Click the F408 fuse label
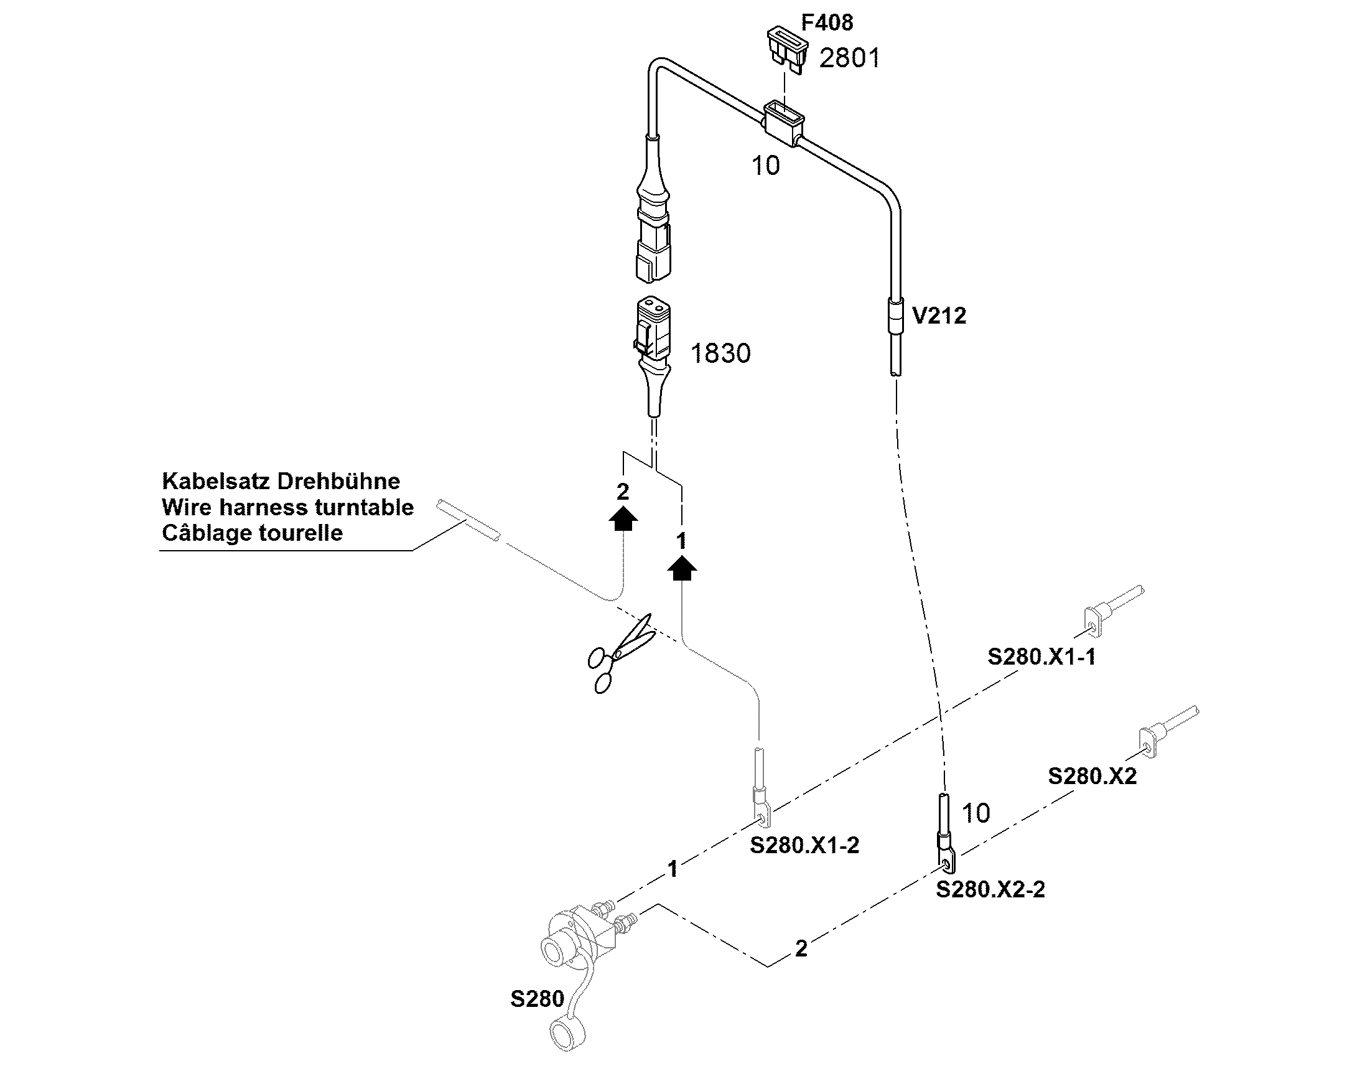click(827, 22)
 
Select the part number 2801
click(849, 58)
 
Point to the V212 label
click(939, 316)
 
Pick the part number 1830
click(720, 354)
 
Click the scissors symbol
click(622, 653)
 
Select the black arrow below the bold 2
click(623, 518)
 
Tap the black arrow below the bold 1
click(682, 568)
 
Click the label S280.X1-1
click(1041, 657)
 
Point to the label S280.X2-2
click(990, 889)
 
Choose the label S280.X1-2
click(804, 845)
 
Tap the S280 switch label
click(537, 999)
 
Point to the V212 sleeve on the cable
click(895, 316)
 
